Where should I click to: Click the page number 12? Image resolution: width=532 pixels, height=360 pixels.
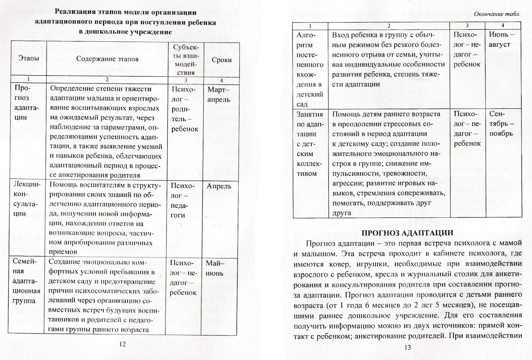[x=122, y=344]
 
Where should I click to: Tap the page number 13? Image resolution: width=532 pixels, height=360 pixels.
[x=408, y=347]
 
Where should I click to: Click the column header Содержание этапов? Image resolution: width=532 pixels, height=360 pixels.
[x=107, y=59]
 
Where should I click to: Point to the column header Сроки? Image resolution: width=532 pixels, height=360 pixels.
[x=221, y=60]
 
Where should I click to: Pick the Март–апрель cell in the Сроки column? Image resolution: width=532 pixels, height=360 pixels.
[x=218, y=94]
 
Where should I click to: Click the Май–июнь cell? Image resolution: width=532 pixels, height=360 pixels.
[x=214, y=268]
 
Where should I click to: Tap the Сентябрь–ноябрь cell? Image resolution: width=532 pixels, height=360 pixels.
[x=502, y=124]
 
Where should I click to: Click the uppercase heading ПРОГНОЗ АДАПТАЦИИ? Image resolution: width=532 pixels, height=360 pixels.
[x=408, y=232]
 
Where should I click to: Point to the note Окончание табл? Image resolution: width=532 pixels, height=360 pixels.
[x=496, y=14]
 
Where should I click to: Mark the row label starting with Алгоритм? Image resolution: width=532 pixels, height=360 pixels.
[x=310, y=69]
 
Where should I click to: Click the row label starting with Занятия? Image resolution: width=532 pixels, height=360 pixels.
[x=310, y=144]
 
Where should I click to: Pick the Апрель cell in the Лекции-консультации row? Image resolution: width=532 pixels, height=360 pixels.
[x=219, y=186]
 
